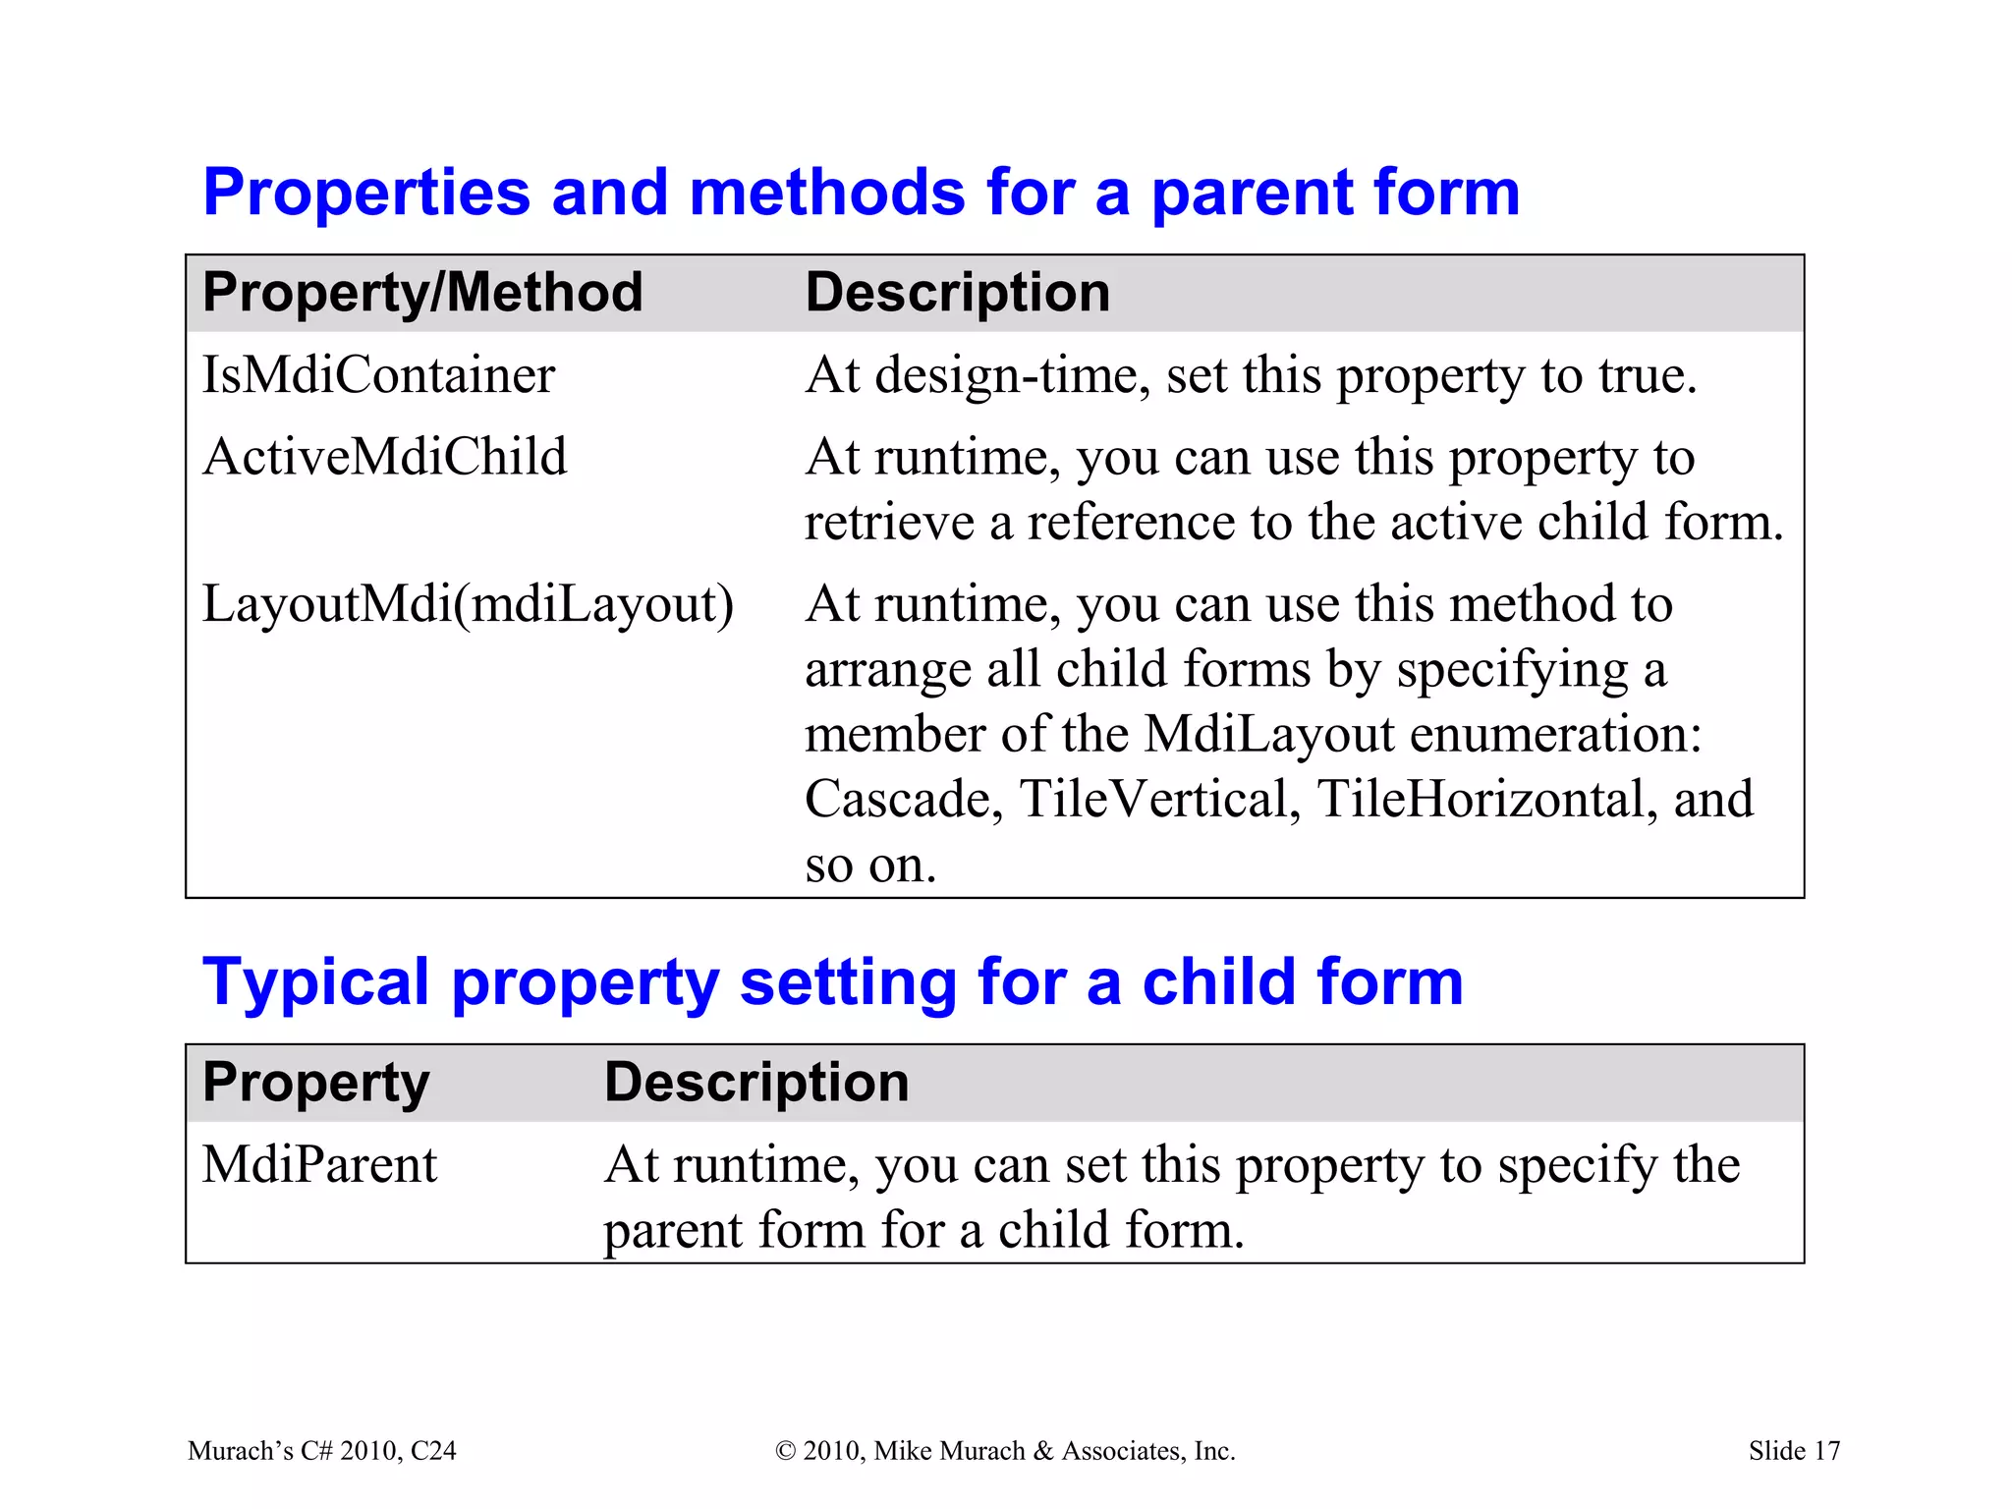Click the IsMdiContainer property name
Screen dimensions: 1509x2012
coord(378,375)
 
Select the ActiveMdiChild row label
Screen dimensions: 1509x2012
coord(384,457)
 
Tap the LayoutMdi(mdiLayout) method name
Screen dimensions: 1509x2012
coord(468,603)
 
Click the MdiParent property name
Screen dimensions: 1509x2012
coord(319,1165)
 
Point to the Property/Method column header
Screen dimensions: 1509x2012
coord(422,293)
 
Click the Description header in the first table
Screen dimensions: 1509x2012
coord(957,293)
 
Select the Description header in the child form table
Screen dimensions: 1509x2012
coord(756,1083)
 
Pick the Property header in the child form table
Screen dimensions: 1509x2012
coord(315,1083)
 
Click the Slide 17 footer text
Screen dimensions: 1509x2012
coord(1794,1451)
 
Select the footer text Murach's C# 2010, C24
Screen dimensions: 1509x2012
coord(321,1451)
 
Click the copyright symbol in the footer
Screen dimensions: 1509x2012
coord(785,1451)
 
